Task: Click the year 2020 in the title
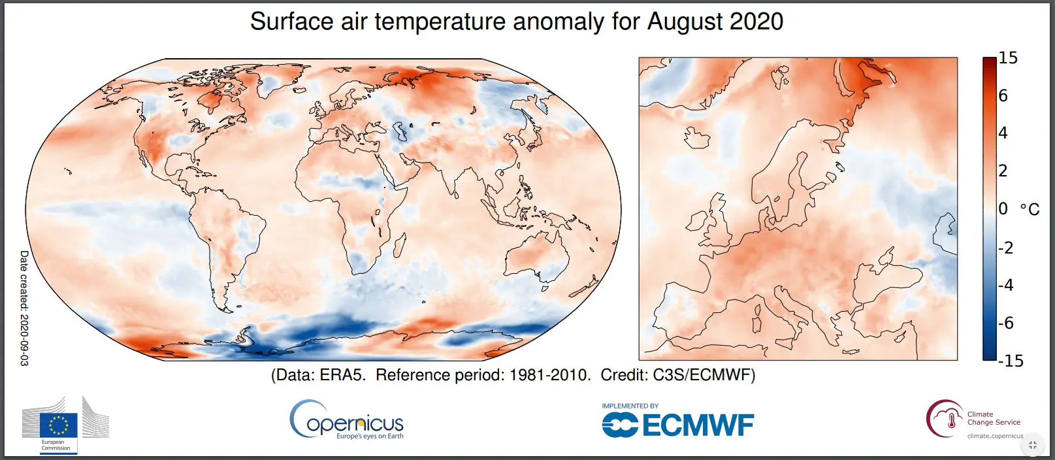pyautogui.click(x=756, y=22)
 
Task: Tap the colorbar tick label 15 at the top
pyautogui.click(x=1008, y=58)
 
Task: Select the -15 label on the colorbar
pyautogui.click(x=1011, y=361)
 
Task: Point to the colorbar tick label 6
pyautogui.click(x=1003, y=96)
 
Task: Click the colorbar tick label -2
pyautogui.click(x=1006, y=248)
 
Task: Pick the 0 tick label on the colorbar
pyautogui.click(x=1003, y=209)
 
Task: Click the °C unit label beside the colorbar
pyautogui.click(x=1030, y=210)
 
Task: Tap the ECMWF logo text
pyautogui.click(x=698, y=426)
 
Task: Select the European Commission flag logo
pyautogui.click(x=58, y=425)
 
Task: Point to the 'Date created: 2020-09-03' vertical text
pyautogui.click(x=24, y=307)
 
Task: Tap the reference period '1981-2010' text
pyautogui.click(x=549, y=375)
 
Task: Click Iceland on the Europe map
pyautogui.click(x=696, y=138)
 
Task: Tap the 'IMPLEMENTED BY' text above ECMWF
pyautogui.click(x=630, y=406)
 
